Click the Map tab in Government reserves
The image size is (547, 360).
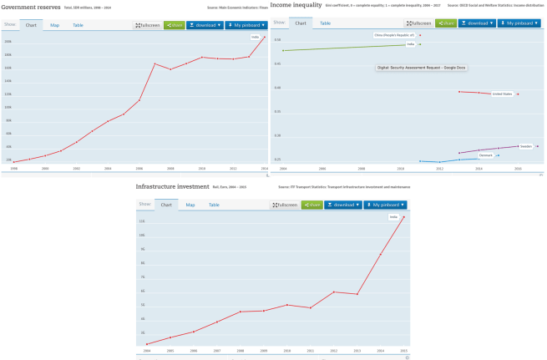(54, 25)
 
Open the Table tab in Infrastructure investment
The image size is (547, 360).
(214, 205)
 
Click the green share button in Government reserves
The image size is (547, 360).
(174, 25)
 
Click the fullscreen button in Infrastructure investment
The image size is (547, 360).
(286, 205)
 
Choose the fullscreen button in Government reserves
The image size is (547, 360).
(148, 25)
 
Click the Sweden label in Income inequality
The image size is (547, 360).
(524, 146)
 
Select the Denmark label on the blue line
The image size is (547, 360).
(486, 155)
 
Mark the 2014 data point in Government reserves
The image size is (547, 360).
(265, 38)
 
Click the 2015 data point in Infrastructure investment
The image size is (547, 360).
(404, 217)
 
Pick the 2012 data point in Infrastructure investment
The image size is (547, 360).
(334, 292)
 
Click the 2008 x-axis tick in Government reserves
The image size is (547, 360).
(170, 168)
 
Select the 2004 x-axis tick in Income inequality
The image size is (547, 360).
(283, 168)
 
